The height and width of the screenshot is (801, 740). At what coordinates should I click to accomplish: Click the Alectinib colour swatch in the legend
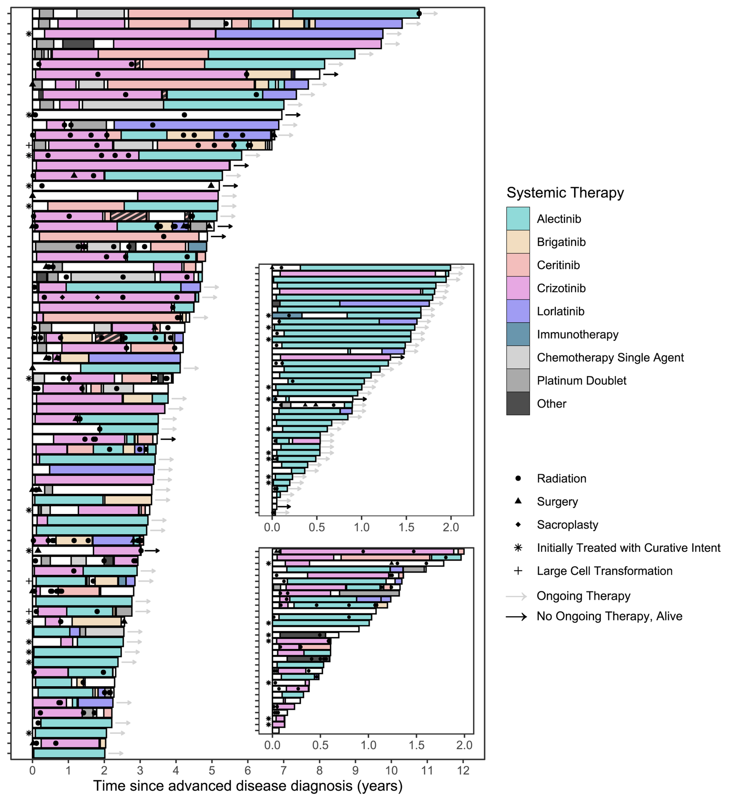[518, 219]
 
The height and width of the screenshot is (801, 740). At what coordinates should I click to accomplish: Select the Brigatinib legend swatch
[518, 242]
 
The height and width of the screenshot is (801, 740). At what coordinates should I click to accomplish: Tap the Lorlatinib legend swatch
[518, 311]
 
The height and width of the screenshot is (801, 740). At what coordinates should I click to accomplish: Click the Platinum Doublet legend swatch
[518, 380]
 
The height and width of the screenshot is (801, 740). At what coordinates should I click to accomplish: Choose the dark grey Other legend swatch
[518, 404]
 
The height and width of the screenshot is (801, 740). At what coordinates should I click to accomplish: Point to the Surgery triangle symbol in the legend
[518, 501]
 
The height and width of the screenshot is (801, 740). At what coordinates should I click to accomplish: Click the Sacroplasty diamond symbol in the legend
[518, 525]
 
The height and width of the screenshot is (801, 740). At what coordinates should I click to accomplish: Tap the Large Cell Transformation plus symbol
[518, 571]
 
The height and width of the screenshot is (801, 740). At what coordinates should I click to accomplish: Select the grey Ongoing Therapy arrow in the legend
[516, 596]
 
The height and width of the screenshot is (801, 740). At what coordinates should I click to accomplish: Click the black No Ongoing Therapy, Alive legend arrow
[516, 617]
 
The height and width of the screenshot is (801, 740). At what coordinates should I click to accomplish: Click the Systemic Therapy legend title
[565, 193]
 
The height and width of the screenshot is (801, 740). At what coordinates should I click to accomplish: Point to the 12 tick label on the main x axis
[463, 771]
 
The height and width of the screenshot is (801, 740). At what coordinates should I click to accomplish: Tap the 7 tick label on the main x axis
[283, 771]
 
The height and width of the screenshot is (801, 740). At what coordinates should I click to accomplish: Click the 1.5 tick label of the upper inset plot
[406, 527]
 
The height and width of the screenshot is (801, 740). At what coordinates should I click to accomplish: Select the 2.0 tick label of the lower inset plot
[464, 745]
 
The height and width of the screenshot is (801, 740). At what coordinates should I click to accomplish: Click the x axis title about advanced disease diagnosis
[248, 786]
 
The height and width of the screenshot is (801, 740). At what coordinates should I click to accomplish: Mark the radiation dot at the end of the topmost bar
[419, 14]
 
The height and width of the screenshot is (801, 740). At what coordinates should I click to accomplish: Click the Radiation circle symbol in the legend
[518, 478]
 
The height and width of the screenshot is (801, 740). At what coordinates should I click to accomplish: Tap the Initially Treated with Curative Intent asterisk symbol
[518, 547]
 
